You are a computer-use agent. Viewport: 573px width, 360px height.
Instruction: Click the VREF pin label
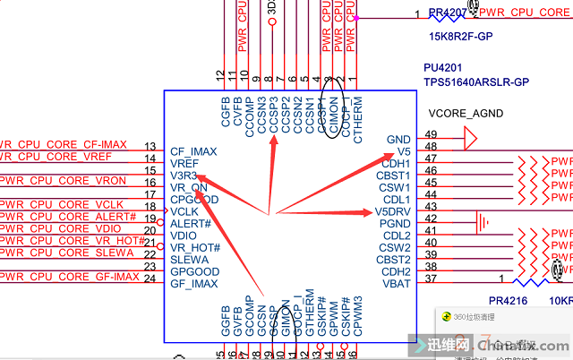[x=184, y=164]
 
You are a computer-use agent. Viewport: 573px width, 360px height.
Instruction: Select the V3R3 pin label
[x=184, y=176]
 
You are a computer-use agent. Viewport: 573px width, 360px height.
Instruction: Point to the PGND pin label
[x=394, y=224]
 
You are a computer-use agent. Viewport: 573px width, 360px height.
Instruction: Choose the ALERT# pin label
[x=190, y=223]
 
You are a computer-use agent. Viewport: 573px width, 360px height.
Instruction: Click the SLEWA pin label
[x=189, y=260]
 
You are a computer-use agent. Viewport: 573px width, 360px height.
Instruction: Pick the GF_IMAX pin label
[x=193, y=284]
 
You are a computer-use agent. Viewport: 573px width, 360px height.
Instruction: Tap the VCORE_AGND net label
[x=466, y=114]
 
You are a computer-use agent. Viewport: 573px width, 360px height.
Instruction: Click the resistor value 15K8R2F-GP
[x=462, y=38]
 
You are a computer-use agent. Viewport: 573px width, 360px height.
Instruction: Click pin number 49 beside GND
[x=431, y=134]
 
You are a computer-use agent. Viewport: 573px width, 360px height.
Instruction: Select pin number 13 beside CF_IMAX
[x=150, y=146]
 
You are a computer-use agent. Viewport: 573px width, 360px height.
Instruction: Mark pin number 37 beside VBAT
[x=431, y=279]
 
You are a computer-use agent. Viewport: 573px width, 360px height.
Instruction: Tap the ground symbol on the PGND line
[x=484, y=219]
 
